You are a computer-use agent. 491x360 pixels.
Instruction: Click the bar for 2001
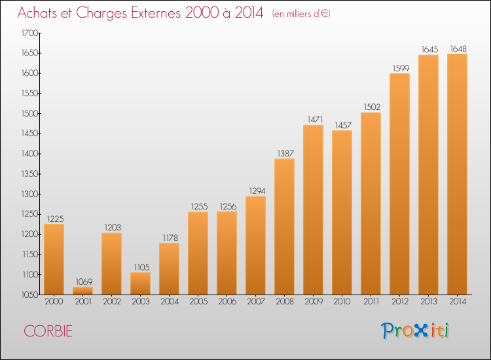(x=83, y=291)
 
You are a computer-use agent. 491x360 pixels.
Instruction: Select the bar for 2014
(x=457, y=174)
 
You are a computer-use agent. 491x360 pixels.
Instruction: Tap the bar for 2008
(x=284, y=226)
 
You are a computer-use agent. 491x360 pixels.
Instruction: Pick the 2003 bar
(x=140, y=283)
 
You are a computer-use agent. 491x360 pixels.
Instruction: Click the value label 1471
(x=315, y=119)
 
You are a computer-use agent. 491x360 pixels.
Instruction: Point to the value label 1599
(x=401, y=68)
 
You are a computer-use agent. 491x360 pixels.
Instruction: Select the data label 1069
(x=84, y=281)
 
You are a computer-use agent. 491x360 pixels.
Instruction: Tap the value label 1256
(x=228, y=207)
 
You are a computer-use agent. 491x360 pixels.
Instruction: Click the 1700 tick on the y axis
(x=29, y=33)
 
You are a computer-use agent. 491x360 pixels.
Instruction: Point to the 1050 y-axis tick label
(x=29, y=295)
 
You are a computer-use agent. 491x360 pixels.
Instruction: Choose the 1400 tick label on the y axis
(x=29, y=154)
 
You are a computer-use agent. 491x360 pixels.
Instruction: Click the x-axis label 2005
(x=198, y=301)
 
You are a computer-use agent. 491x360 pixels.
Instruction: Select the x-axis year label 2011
(x=371, y=301)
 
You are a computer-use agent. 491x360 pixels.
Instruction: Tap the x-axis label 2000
(x=54, y=301)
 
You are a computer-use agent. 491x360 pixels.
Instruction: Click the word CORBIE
(x=48, y=331)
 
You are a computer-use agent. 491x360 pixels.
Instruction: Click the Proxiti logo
(x=415, y=331)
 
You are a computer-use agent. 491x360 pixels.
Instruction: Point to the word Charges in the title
(x=101, y=13)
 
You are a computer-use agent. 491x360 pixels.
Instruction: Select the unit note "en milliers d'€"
(x=301, y=14)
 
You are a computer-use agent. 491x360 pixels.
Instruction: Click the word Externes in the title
(x=156, y=12)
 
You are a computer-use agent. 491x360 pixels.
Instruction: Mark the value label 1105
(x=142, y=267)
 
